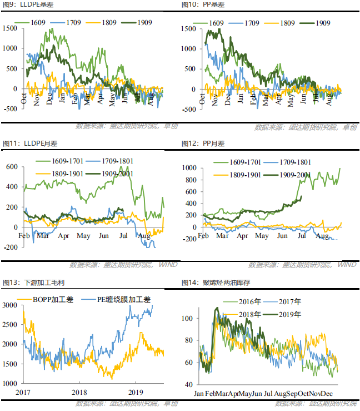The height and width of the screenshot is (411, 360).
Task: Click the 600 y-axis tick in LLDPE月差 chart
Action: [x=12, y=166]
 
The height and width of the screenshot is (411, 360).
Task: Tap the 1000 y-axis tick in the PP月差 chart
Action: [x=190, y=168]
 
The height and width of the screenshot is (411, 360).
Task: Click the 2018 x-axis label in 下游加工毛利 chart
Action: [x=79, y=393]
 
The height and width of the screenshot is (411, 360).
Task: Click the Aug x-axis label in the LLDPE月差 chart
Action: [x=144, y=236]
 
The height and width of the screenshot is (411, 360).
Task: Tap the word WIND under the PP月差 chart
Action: [x=347, y=264]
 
